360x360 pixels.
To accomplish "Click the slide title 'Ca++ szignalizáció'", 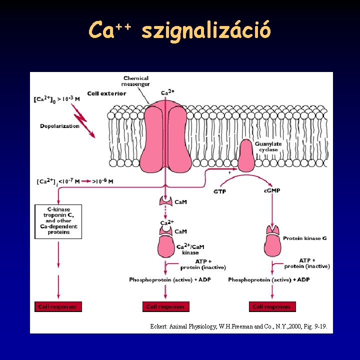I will pos(180,30).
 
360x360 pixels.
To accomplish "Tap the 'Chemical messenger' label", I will pos(136,81).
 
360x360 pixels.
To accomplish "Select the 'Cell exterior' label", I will pos(106,93).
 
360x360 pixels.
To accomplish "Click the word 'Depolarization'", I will pos(59,126).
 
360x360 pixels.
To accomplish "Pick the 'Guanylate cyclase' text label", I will pos(268,146).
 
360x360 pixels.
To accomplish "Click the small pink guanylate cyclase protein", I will pos(246,155).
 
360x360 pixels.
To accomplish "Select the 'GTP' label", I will pos(219,191).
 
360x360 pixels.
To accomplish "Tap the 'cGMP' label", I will pos(271,191).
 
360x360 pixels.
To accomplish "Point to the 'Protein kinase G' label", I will pos(305,238).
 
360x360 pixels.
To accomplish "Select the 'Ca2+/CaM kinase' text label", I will pos(190,249).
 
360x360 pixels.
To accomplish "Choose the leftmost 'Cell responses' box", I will pos(58,306).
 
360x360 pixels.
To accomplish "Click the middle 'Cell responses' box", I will pos(165,306).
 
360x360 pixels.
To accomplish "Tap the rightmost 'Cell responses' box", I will pos(271,306).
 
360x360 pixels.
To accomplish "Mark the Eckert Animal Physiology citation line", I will pos(239,326).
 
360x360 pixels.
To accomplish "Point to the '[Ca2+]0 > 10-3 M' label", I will pos(56,99).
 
